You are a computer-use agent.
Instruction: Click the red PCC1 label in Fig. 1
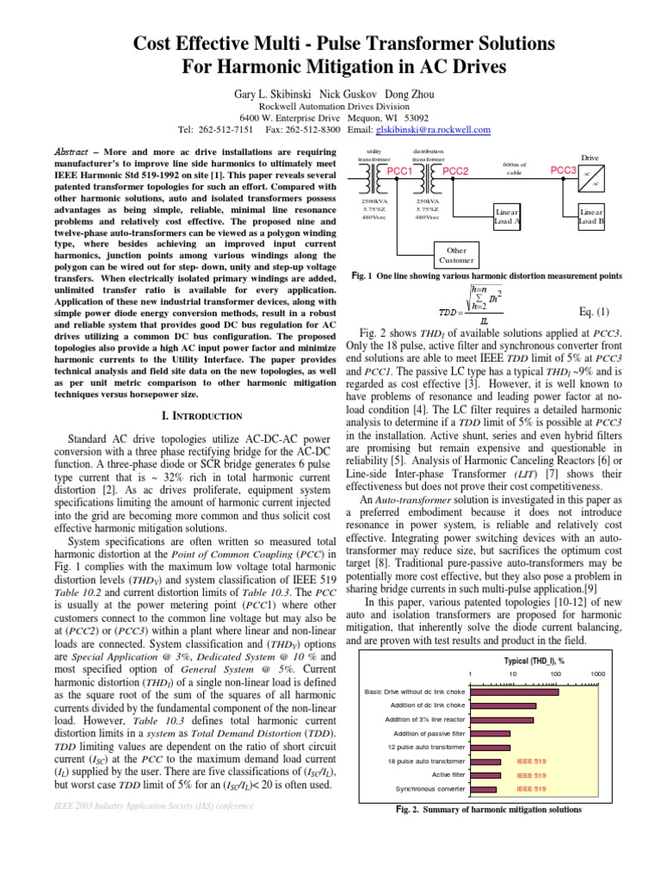[400, 171]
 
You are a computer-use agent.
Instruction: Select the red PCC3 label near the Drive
[563, 171]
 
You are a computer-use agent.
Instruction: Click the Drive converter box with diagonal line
[592, 178]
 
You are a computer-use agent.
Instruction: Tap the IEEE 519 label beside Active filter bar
[530, 774]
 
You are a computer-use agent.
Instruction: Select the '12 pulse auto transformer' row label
[426, 747]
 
